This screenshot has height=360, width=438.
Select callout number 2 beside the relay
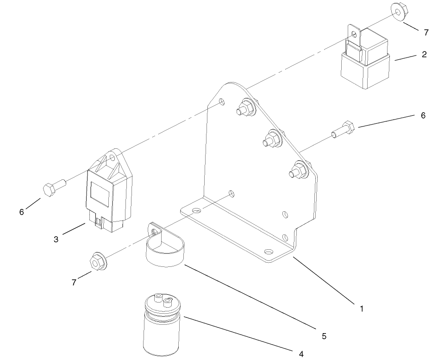coord(424,55)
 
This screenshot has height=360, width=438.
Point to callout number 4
coord(301,354)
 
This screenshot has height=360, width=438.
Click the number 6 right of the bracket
coord(423,116)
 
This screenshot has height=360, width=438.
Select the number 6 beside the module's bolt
coord(21,212)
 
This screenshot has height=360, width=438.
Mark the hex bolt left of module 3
coord(54,188)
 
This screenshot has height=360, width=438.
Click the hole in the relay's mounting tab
coord(355,34)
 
